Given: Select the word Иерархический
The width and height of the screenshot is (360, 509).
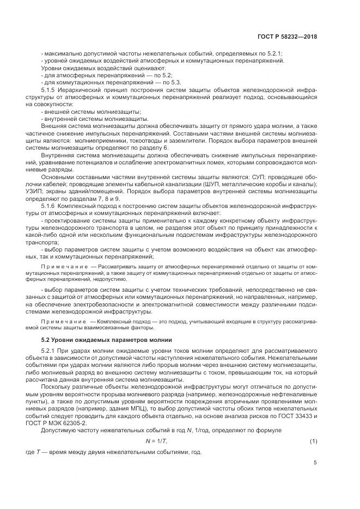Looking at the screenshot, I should click(83, 89).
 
